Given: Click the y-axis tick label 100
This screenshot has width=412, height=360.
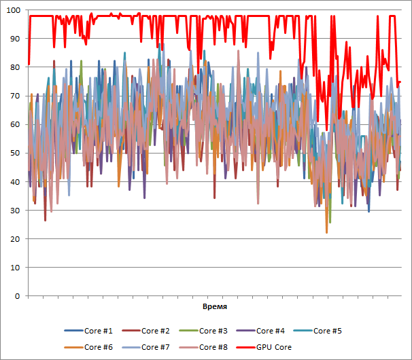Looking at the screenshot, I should coord(13,10).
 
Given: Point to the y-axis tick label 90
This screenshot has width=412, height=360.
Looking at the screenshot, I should coord(15,39).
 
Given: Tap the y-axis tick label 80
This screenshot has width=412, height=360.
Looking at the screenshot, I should coord(15,67).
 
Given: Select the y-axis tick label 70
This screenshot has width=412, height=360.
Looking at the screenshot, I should coord(15,96).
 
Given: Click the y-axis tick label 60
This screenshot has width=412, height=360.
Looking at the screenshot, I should coord(15,124).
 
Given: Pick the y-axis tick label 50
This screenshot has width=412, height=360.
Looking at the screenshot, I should coord(15,153).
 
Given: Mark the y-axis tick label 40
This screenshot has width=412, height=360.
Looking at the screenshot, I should coord(15,182).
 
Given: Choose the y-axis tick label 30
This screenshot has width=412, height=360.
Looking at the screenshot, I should coord(15,211).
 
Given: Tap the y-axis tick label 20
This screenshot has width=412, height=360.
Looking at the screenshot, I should coord(15,239).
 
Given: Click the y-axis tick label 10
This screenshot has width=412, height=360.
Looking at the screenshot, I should coord(15,268).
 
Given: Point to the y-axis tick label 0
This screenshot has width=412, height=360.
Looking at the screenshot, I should coord(17,296).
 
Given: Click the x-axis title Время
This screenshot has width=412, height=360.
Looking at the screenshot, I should coord(215,308).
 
